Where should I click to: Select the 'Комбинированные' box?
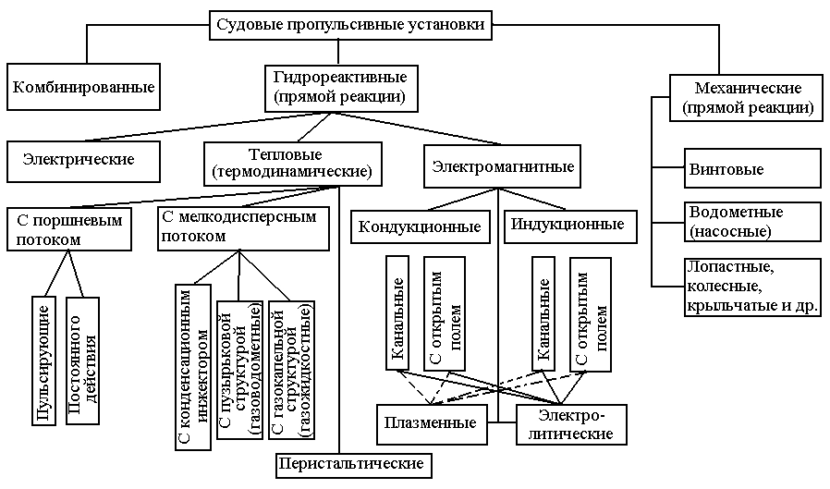pyautogui.click(x=84, y=89)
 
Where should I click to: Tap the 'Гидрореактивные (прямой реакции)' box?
pyautogui.click(x=339, y=86)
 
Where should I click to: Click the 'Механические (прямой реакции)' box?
pyautogui.click(x=747, y=98)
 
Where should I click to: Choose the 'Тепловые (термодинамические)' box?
pyautogui.click(x=292, y=162)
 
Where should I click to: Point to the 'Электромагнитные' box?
pyautogui.click(x=504, y=167)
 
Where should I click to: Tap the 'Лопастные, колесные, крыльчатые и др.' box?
pyautogui.click(x=752, y=287)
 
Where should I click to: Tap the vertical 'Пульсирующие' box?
pyautogui.click(x=44, y=361)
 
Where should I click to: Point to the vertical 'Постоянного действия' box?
pyautogui.click(x=82, y=361)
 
